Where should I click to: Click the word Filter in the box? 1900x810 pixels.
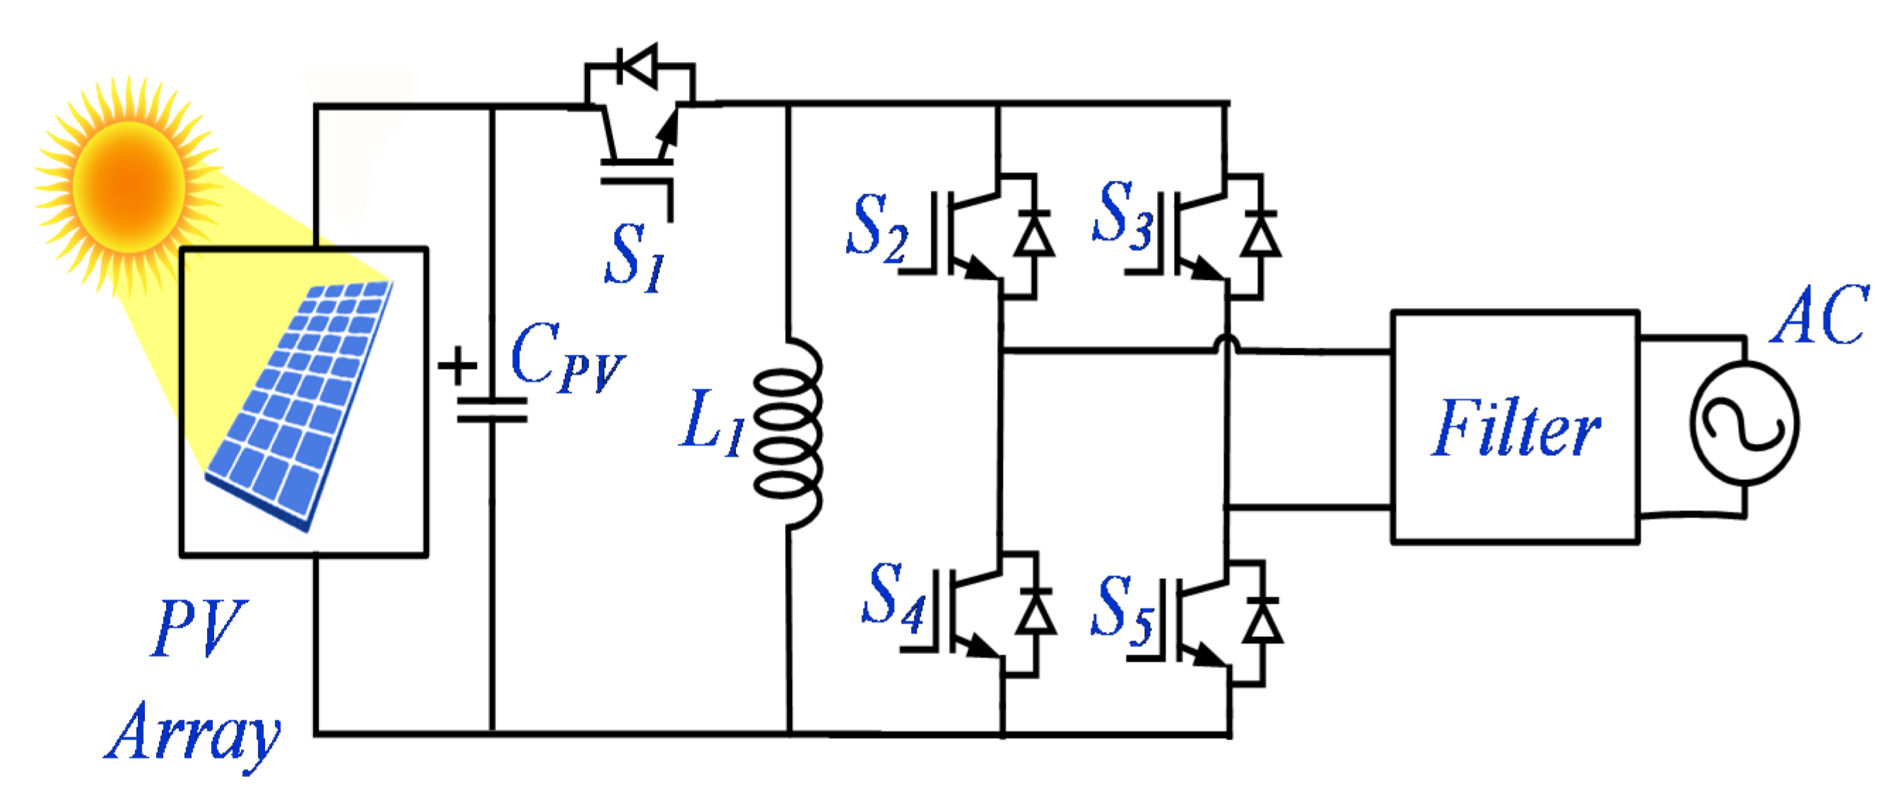pyautogui.click(x=1515, y=428)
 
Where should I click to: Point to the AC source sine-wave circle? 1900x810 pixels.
pyautogui.click(x=1744, y=424)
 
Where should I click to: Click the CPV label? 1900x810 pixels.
pyautogui.click(x=566, y=358)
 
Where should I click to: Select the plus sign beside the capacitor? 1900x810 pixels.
pyautogui.click(x=457, y=366)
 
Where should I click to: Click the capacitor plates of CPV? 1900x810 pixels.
pyautogui.click(x=492, y=410)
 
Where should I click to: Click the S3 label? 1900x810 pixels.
pyautogui.click(x=1121, y=214)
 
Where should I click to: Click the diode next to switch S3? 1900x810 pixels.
pyautogui.click(x=1260, y=236)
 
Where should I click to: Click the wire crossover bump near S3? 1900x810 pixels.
pyautogui.click(x=1226, y=344)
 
